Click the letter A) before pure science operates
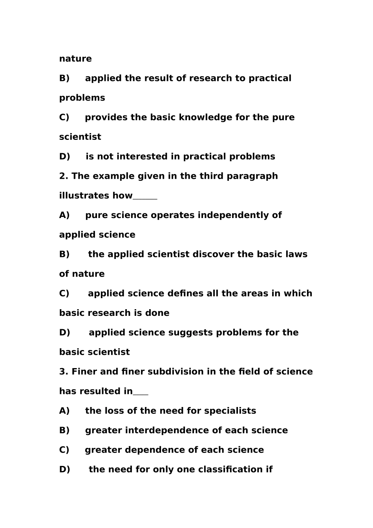tap(64, 215)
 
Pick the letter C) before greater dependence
tap(64, 450)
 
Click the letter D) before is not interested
tap(65, 156)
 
